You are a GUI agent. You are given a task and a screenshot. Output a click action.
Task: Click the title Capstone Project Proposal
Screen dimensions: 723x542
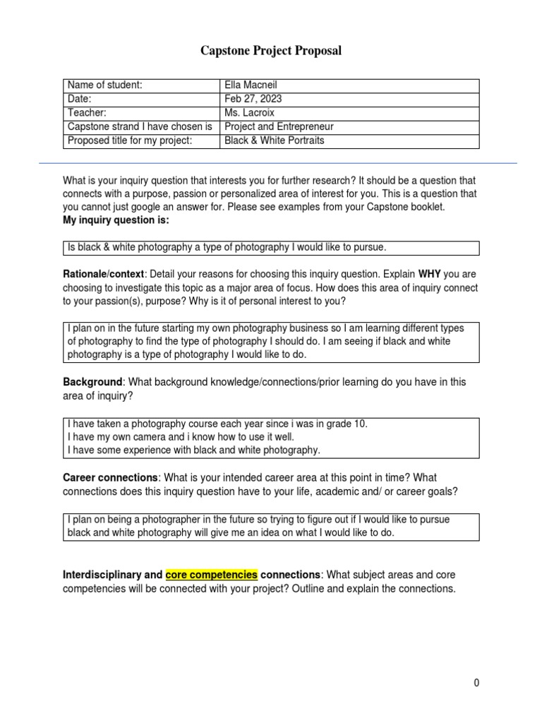pos(271,51)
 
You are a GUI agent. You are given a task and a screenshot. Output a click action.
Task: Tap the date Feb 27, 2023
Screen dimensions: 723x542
pos(253,99)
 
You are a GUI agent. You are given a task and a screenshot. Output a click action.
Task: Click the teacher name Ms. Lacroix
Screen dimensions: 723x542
pos(251,113)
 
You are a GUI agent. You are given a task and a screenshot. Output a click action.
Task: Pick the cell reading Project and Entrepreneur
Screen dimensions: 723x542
pos(279,127)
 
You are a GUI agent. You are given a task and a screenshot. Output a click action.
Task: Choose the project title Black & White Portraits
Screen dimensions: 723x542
pos(275,141)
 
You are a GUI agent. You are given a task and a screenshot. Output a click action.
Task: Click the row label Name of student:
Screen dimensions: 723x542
pos(105,85)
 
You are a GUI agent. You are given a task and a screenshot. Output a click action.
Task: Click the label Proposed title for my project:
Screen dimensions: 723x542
pos(129,141)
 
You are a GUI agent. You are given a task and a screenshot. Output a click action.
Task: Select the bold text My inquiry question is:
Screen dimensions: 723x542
pos(116,221)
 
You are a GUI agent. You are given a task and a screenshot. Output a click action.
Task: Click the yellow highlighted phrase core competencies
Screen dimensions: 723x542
pos(212,574)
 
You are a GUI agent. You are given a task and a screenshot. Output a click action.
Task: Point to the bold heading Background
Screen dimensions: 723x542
pos(92,382)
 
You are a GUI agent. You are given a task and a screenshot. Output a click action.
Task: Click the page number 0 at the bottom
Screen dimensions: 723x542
pos(477,683)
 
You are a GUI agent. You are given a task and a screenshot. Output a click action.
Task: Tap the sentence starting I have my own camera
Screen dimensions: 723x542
pos(181,437)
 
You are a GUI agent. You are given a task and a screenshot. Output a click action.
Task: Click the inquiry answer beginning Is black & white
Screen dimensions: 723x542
pos(227,247)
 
